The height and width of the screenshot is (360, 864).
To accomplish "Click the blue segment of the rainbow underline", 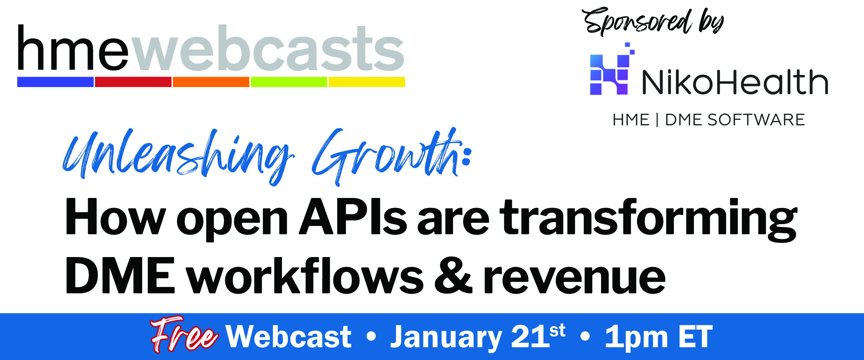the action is click(55, 82).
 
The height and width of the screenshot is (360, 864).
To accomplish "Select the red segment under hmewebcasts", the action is click(133, 82).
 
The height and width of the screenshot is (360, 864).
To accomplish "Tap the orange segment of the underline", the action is click(211, 82).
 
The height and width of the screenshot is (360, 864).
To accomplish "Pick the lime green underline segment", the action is click(289, 82).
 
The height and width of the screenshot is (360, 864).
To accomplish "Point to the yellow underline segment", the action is click(367, 82).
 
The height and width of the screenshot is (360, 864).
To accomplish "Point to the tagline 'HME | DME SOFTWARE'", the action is click(709, 120).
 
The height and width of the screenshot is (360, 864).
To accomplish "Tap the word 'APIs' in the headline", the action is click(353, 217).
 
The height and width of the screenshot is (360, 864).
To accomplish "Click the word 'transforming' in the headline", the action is click(650, 220).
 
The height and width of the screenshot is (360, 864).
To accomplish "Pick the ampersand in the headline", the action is click(453, 275).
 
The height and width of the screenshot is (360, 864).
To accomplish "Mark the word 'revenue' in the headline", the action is click(574, 279).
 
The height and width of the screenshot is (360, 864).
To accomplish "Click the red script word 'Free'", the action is click(184, 334).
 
